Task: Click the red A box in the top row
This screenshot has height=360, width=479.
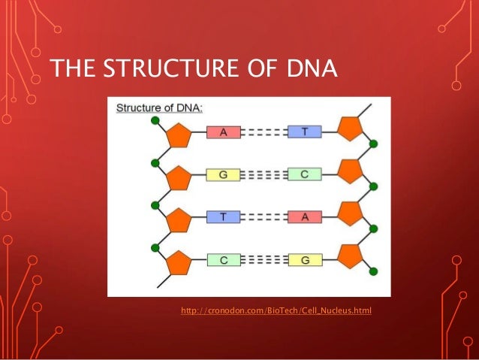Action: click(223, 132)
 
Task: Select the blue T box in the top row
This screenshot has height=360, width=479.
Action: click(305, 132)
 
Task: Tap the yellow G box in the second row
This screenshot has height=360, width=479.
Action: click(223, 175)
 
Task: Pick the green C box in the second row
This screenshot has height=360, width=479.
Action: click(305, 175)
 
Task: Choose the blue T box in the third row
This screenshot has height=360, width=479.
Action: click(223, 217)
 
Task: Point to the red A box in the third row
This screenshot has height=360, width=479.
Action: click(305, 217)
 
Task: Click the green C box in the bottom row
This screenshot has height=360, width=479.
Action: click(223, 260)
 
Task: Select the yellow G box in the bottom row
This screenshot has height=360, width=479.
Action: click(305, 260)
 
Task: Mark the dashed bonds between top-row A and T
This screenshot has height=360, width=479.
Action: click(264, 132)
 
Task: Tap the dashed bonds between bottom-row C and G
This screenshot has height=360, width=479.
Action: click(264, 260)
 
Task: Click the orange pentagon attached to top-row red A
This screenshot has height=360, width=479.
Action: click(178, 136)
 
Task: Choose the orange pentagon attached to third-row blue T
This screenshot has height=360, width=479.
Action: click(178, 222)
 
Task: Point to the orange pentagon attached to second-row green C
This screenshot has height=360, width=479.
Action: click(350, 171)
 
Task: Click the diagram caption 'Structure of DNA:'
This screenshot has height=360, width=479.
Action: click(158, 108)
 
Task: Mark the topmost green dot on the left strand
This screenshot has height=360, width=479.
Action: click(155, 120)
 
